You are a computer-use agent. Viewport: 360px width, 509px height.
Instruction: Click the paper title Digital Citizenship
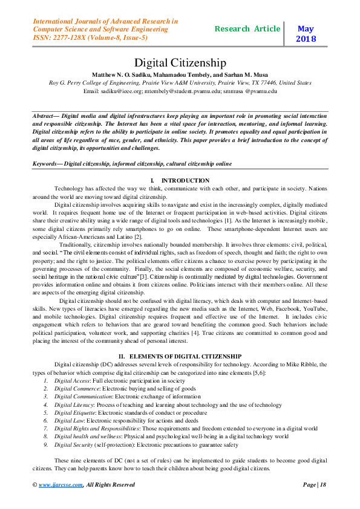point(180,62)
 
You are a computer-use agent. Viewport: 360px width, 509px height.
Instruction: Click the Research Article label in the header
point(247,29)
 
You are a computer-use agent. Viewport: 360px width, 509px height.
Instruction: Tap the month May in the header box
point(306,28)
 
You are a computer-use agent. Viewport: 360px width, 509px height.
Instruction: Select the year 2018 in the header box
point(306,39)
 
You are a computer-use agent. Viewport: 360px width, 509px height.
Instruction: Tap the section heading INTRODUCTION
point(185,181)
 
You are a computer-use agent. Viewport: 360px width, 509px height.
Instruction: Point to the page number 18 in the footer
point(323,484)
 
